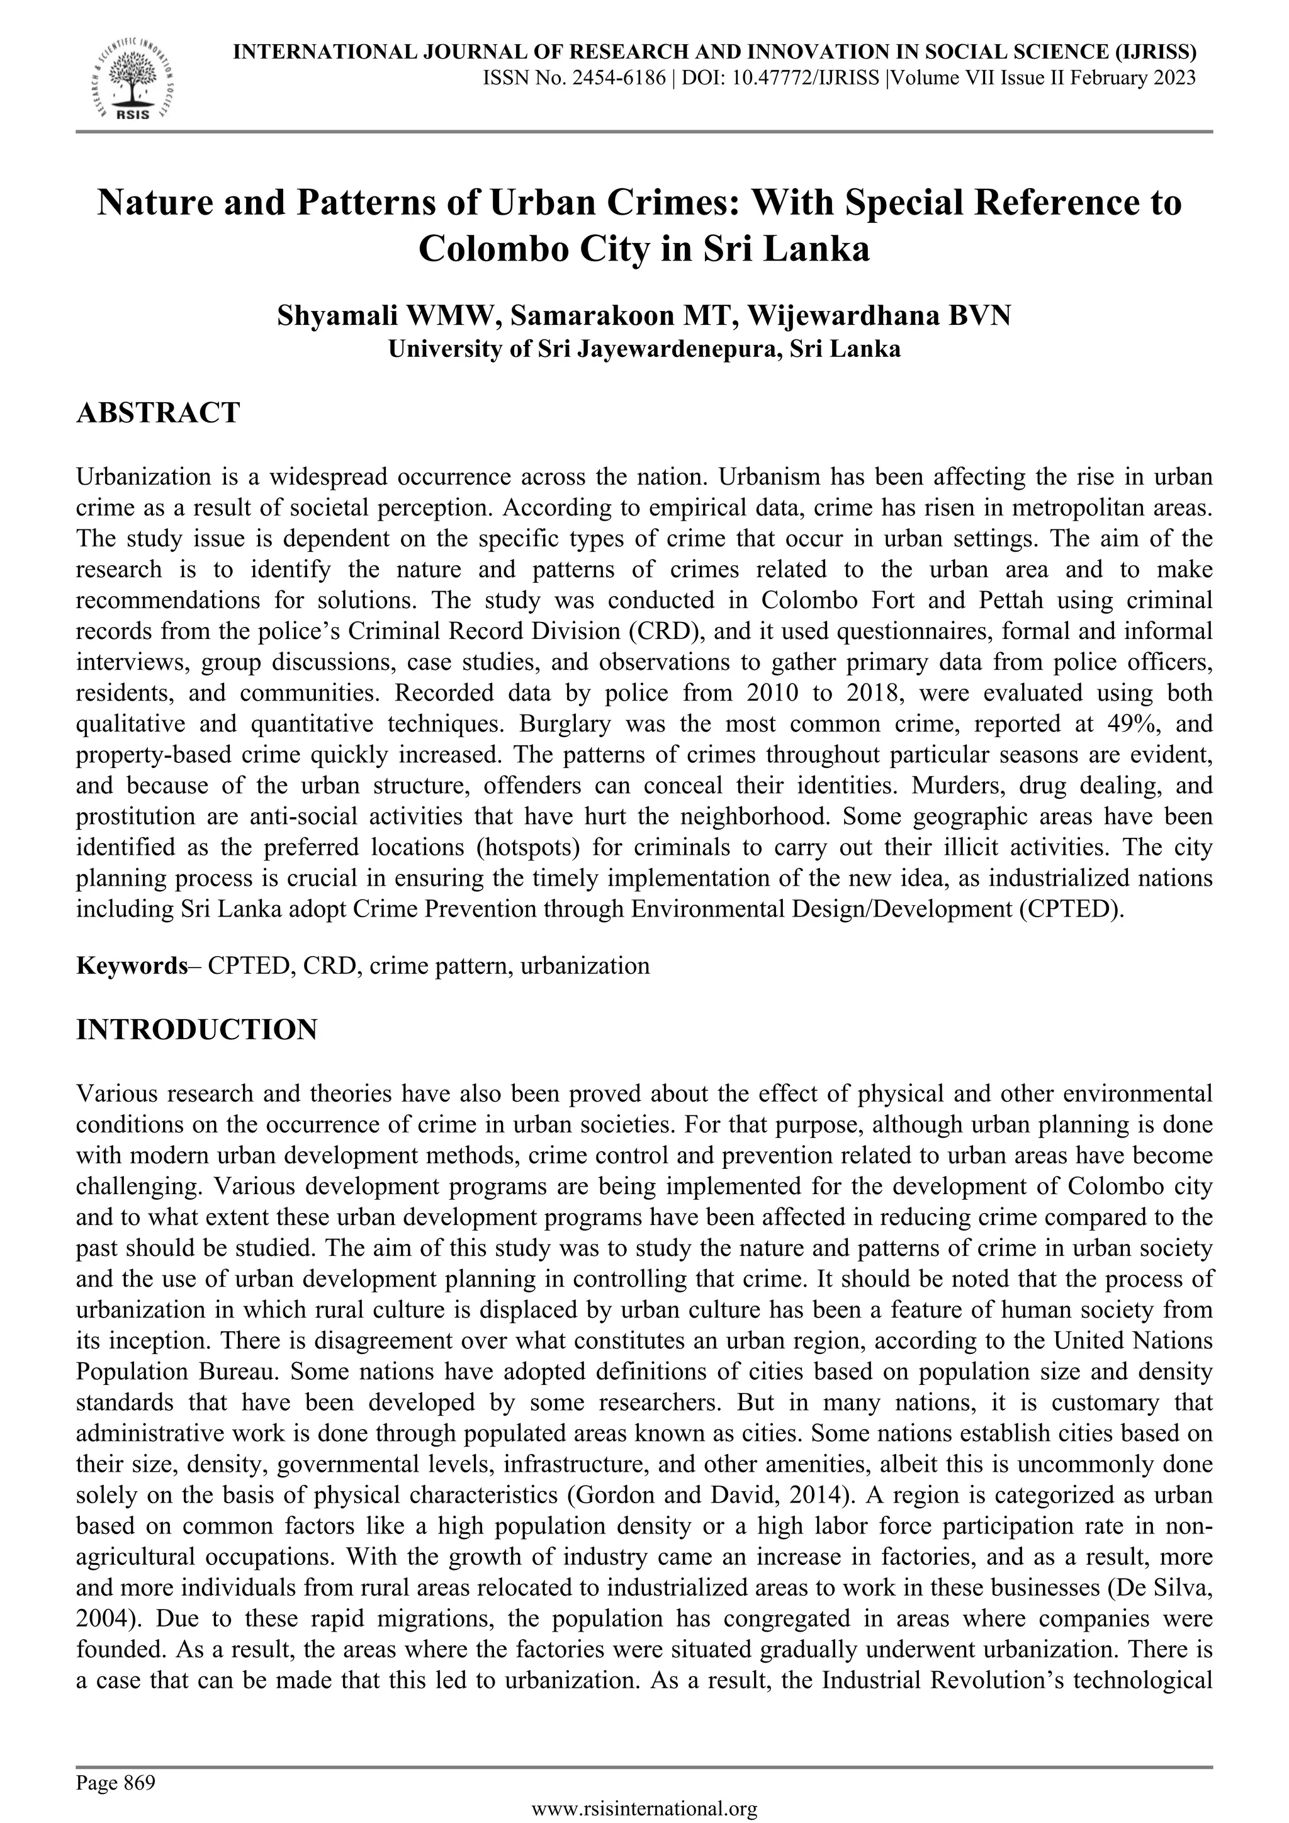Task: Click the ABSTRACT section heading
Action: [x=157, y=413]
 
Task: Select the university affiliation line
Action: [x=644, y=349]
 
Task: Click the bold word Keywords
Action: [x=131, y=966]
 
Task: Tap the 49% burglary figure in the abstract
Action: [x=1122, y=723]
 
